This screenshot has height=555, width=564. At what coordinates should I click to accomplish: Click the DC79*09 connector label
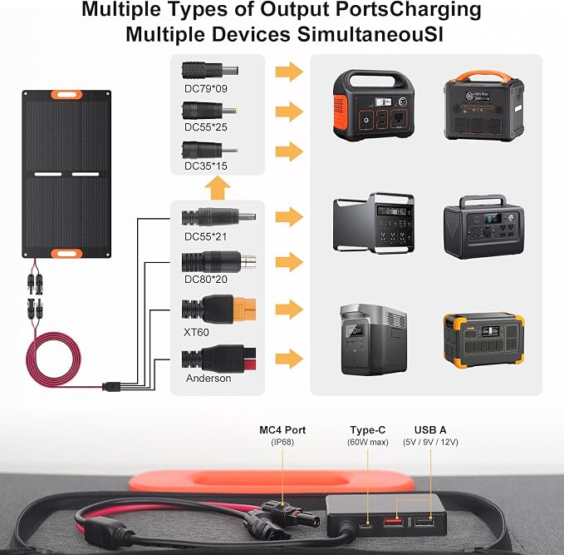point(205,89)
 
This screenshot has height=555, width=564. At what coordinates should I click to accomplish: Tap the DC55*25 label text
point(205,127)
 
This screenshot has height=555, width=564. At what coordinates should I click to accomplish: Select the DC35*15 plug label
point(205,166)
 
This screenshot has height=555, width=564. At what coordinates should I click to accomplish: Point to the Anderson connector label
point(208,378)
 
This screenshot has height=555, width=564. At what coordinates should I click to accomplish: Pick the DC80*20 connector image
point(218,261)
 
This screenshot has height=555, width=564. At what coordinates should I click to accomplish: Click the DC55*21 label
point(205,237)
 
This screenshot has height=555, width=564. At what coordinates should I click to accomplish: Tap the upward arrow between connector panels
point(218,188)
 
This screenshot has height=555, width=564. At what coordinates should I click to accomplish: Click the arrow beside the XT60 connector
point(289,310)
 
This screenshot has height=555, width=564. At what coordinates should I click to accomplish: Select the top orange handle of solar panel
point(66,95)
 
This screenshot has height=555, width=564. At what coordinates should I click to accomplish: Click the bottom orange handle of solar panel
point(66,253)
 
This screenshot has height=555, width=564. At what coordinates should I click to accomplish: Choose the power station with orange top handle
point(483,106)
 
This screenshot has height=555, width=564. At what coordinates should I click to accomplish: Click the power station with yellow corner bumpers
point(483,340)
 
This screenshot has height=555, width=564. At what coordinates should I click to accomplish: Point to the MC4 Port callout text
point(282,430)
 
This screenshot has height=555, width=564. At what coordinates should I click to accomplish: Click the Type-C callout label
point(368,430)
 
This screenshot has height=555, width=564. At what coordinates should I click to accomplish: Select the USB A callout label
point(430,430)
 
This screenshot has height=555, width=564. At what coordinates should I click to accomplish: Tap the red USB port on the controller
point(394,522)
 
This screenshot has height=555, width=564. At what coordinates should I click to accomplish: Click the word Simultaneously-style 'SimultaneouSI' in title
point(370,35)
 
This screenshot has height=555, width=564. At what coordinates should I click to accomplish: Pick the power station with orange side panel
point(373,105)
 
